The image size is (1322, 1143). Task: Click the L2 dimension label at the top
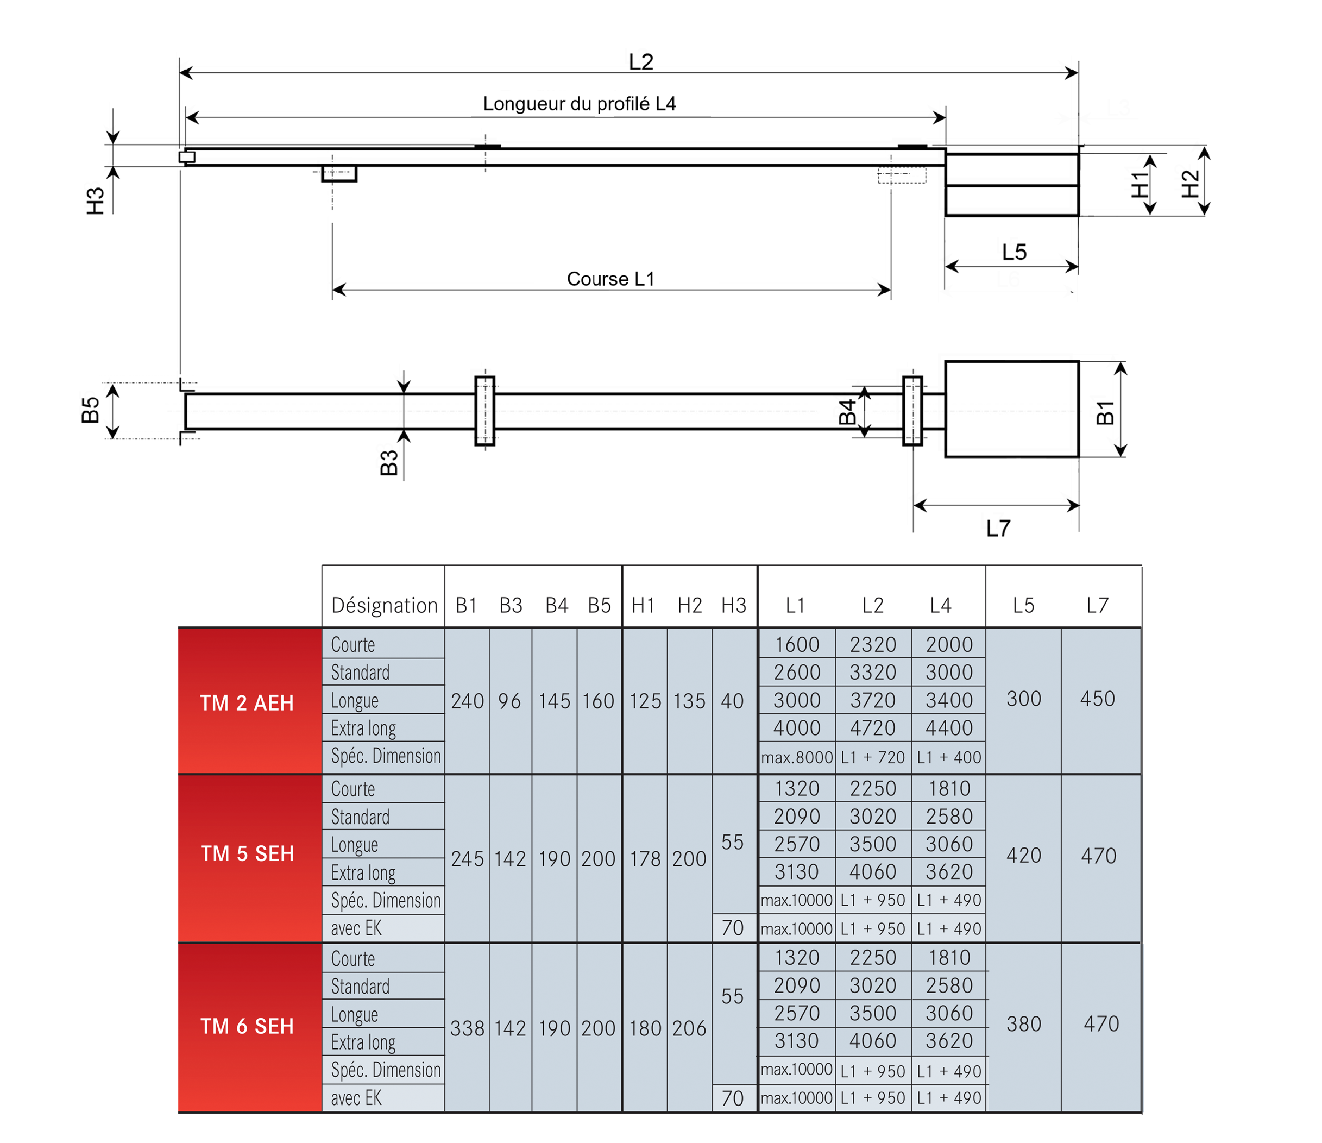(x=640, y=62)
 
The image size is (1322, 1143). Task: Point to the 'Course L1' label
(x=610, y=279)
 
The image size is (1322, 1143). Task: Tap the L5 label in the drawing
(x=1014, y=252)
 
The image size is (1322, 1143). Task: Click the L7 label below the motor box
(x=998, y=529)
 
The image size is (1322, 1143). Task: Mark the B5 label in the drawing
(x=91, y=410)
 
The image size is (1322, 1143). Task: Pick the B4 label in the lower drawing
(x=847, y=412)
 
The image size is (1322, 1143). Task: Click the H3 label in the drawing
(x=95, y=200)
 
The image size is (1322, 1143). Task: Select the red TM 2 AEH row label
(x=247, y=702)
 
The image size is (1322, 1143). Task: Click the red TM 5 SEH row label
(x=247, y=853)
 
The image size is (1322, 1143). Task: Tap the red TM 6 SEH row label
(x=247, y=1026)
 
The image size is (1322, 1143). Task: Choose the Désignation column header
(x=384, y=605)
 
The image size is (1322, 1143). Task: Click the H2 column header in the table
(x=689, y=605)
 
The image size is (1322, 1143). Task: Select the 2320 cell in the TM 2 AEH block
(x=873, y=645)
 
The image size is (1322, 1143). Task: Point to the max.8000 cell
(x=796, y=757)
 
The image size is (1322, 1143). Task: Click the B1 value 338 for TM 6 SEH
(x=467, y=1028)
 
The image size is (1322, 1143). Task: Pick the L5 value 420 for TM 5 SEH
(x=1023, y=855)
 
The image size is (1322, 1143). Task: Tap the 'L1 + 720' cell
(x=873, y=757)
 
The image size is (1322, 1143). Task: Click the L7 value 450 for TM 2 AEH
(x=1098, y=699)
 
